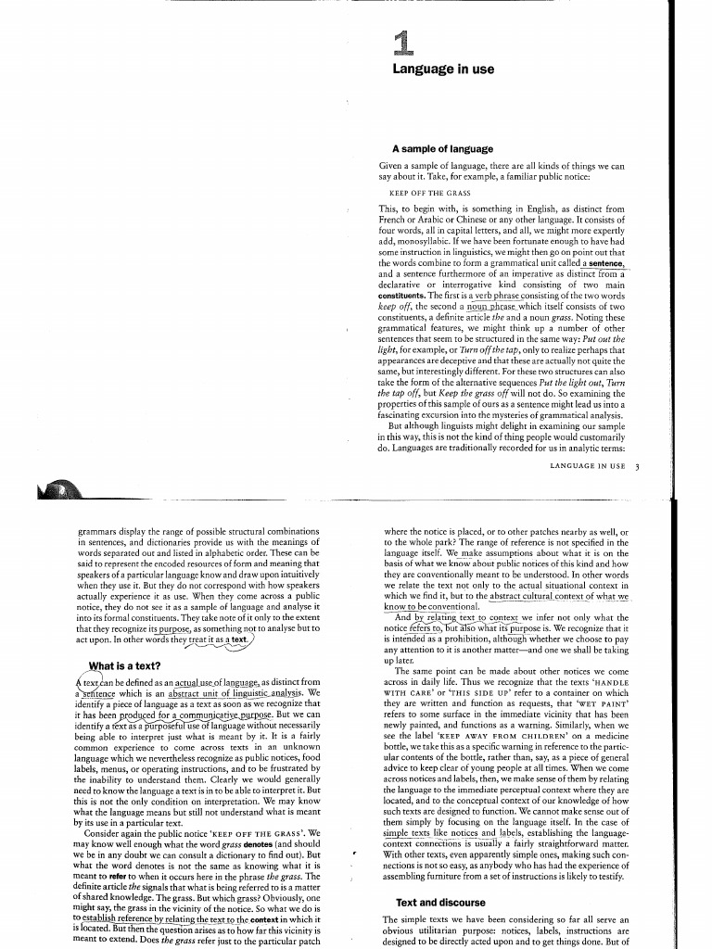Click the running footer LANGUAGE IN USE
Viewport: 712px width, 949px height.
pyautogui.click(x=587, y=466)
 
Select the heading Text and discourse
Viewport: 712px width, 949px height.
pyautogui.click(x=439, y=902)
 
